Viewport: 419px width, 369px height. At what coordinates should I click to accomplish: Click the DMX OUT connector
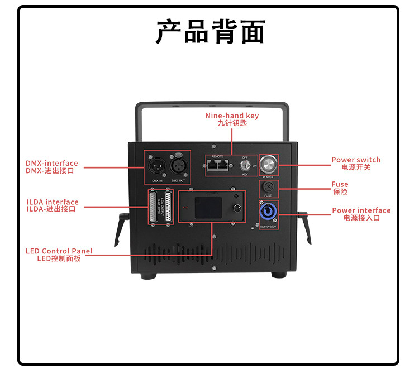[178, 165]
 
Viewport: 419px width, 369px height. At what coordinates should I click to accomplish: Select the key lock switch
[245, 165]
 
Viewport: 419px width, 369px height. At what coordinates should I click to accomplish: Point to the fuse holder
[269, 187]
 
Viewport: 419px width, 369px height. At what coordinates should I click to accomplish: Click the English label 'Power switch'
[356, 160]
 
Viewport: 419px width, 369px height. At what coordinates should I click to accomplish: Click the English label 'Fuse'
[340, 184]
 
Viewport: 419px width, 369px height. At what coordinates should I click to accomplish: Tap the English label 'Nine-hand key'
[232, 116]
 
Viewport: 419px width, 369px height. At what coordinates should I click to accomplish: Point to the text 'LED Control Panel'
[59, 251]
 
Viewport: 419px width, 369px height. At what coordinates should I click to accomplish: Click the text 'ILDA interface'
[53, 202]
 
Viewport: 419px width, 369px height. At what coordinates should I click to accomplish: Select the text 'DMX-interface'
[52, 164]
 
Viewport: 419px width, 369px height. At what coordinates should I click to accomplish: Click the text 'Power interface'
[361, 210]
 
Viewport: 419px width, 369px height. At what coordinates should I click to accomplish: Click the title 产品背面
[209, 32]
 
